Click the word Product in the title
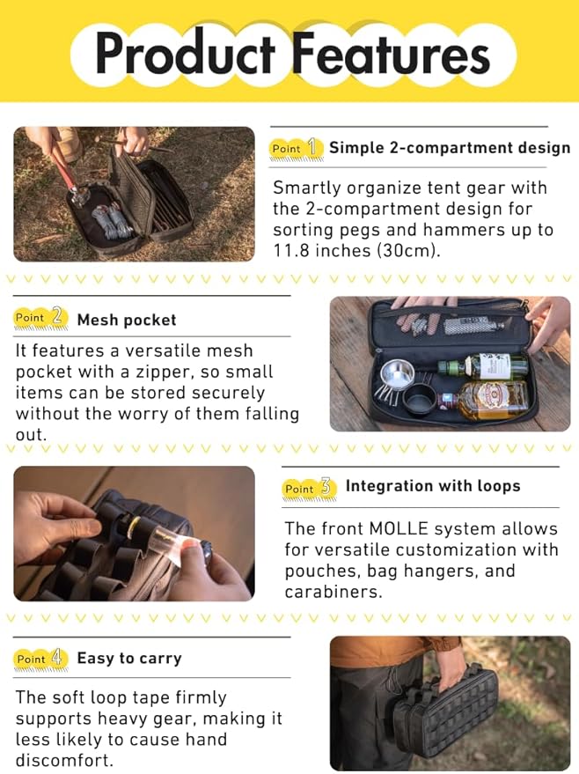pyautogui.click(x=185, y=53)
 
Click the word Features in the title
pyautogui.click(x=391, y=53)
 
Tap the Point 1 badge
pyautogui.click(x=296, y=148)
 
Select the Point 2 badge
pyautogui.click(x=40, y=317)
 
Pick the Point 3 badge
pyautogui.click(x=309, y=489)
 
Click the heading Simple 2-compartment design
pyautogui.click(x=450, y=148)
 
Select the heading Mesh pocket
pyautogui.click(x=127, y=320)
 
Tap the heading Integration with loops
pyautogui.click(x=433, y=486)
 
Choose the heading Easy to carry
pyautogui.click(x=129, y=659)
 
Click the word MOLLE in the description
pyautogui.click(x=399, y=528)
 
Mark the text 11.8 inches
pyautogui.click(x=321, y=251)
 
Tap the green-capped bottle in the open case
pyautogui.click(x=482, y=365)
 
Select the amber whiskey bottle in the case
pyautogui.click(x=486, y=399)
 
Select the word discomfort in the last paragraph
pyautogui.click(x=64, y=760)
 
